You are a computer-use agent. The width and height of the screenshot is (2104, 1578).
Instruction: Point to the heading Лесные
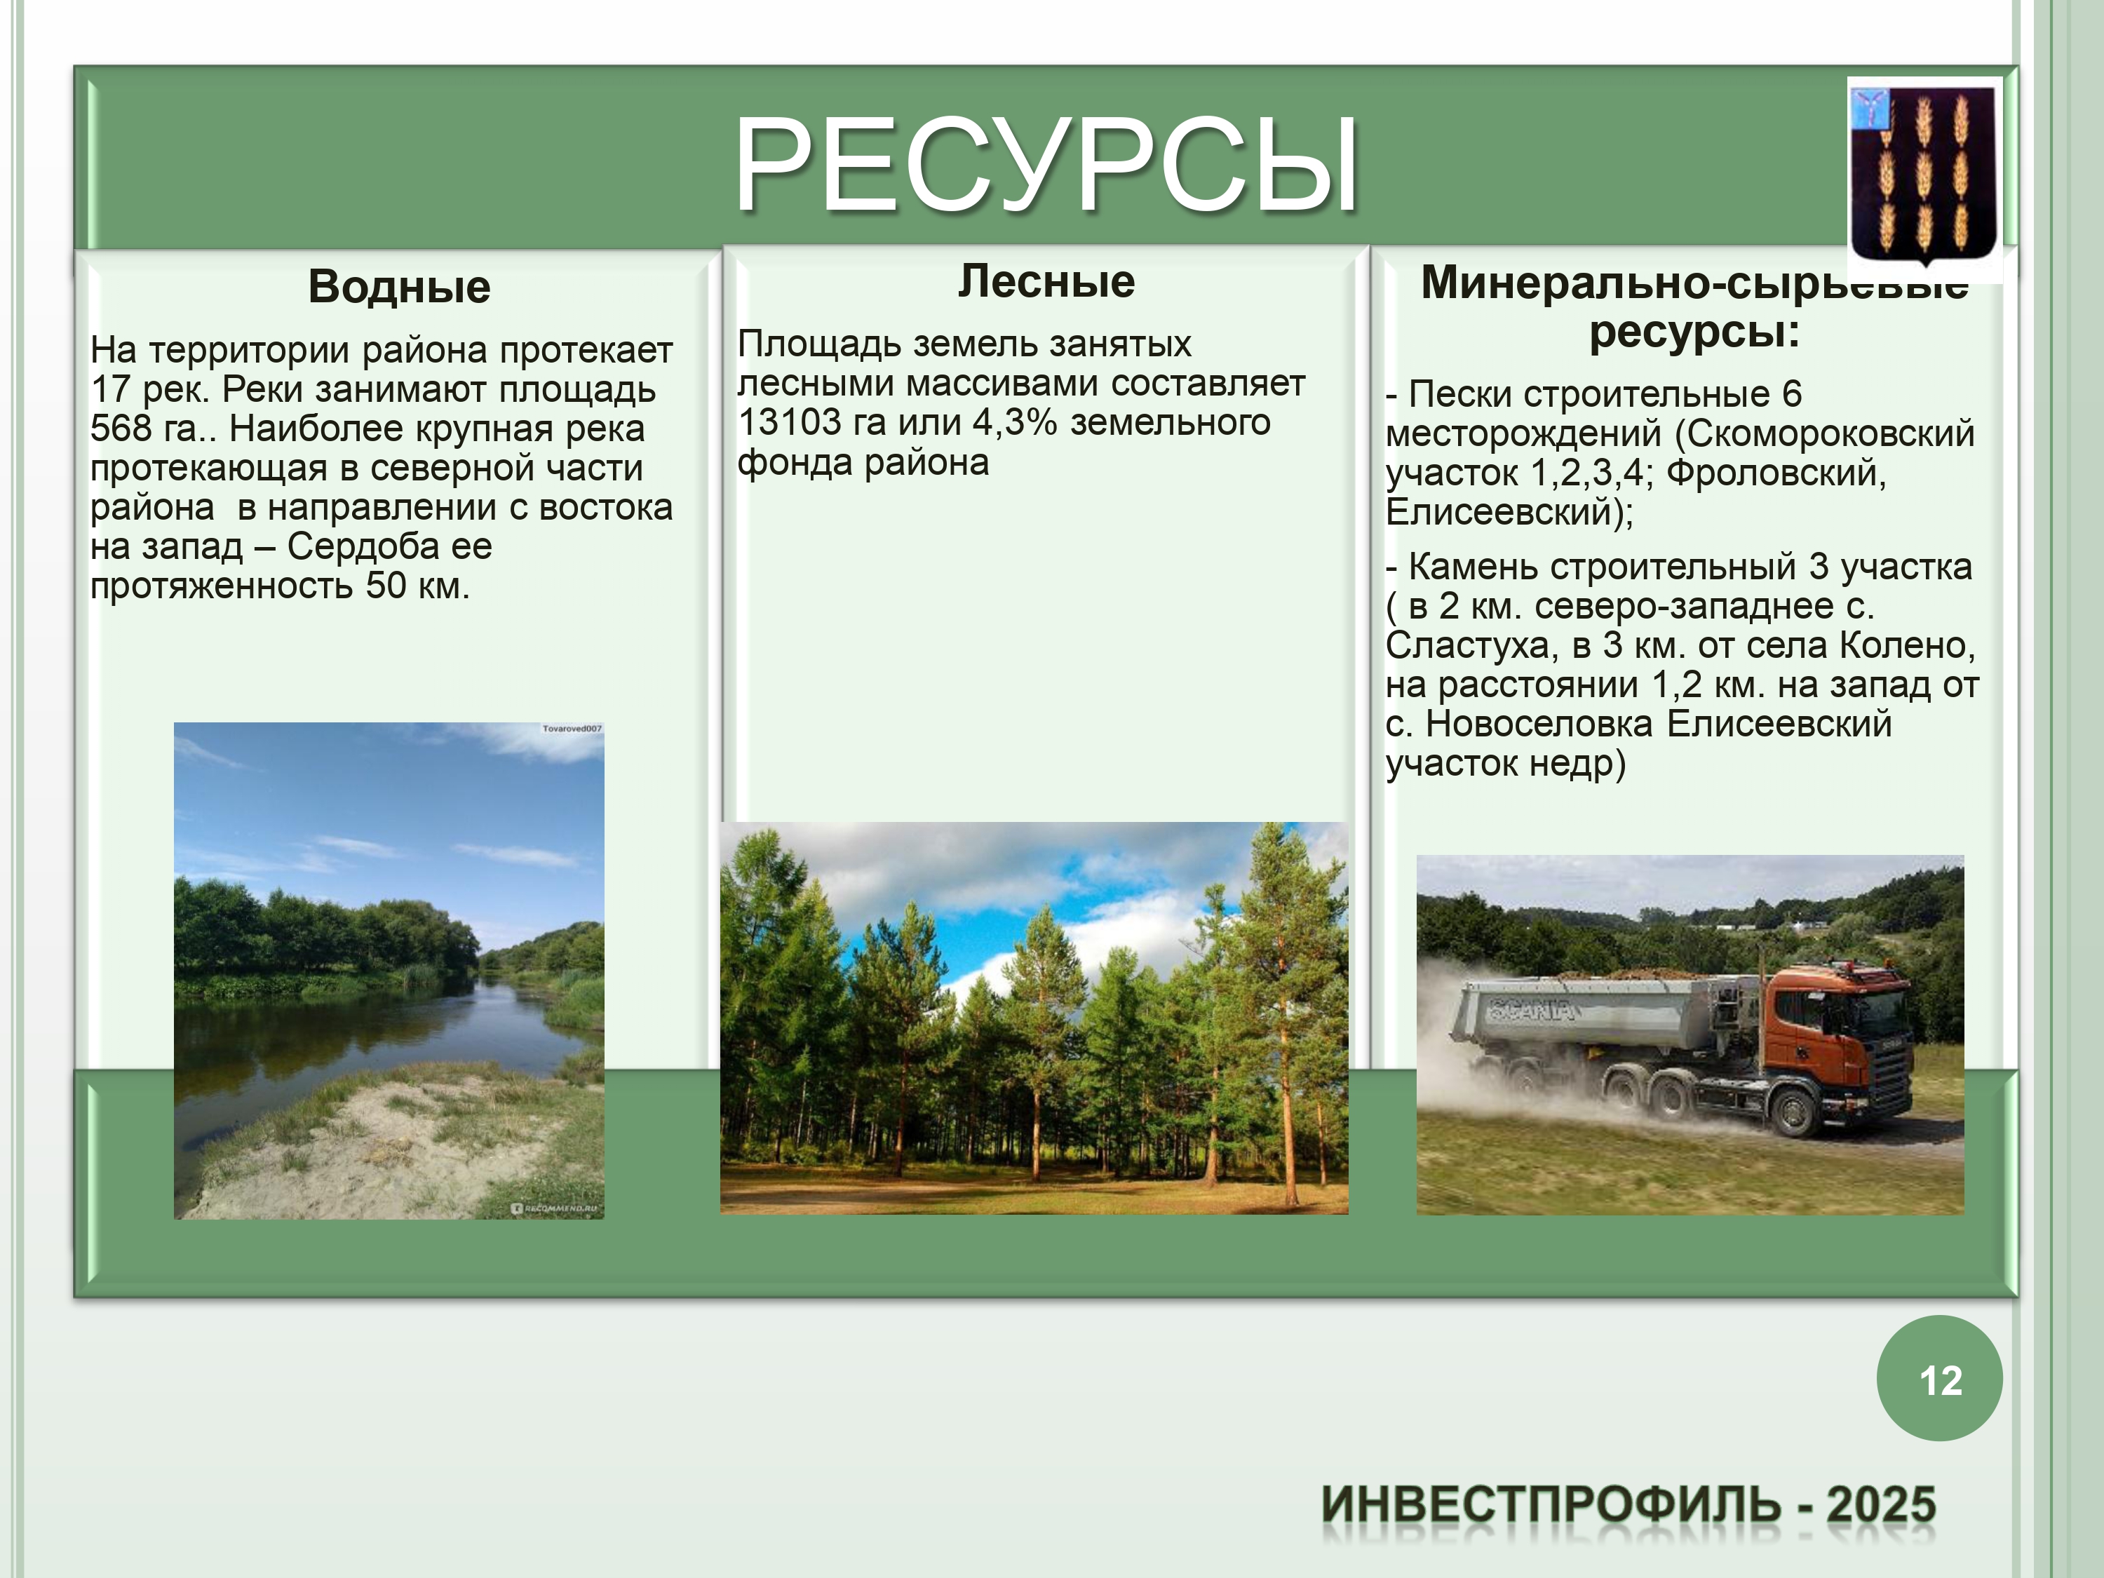click(x=1046, y=281)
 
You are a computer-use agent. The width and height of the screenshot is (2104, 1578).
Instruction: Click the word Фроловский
click(x=1776, y=473)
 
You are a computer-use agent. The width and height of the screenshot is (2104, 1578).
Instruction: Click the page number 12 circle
click(x=1939, y=1378)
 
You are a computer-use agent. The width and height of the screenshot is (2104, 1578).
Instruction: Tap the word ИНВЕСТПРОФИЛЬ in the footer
click(x=1551, y=1505)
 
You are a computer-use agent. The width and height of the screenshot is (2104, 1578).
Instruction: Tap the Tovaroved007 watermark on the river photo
click(x=572, y=729)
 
